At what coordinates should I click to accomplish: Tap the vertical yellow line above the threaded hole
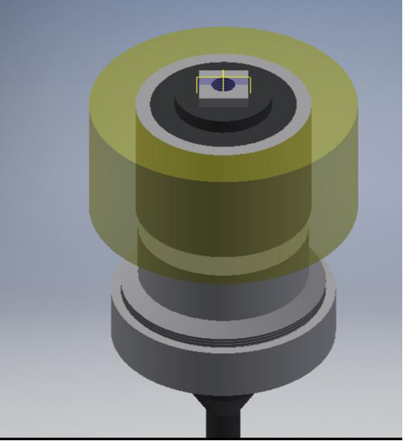tap(222, 74)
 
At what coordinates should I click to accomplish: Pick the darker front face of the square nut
tap(223, 101)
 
